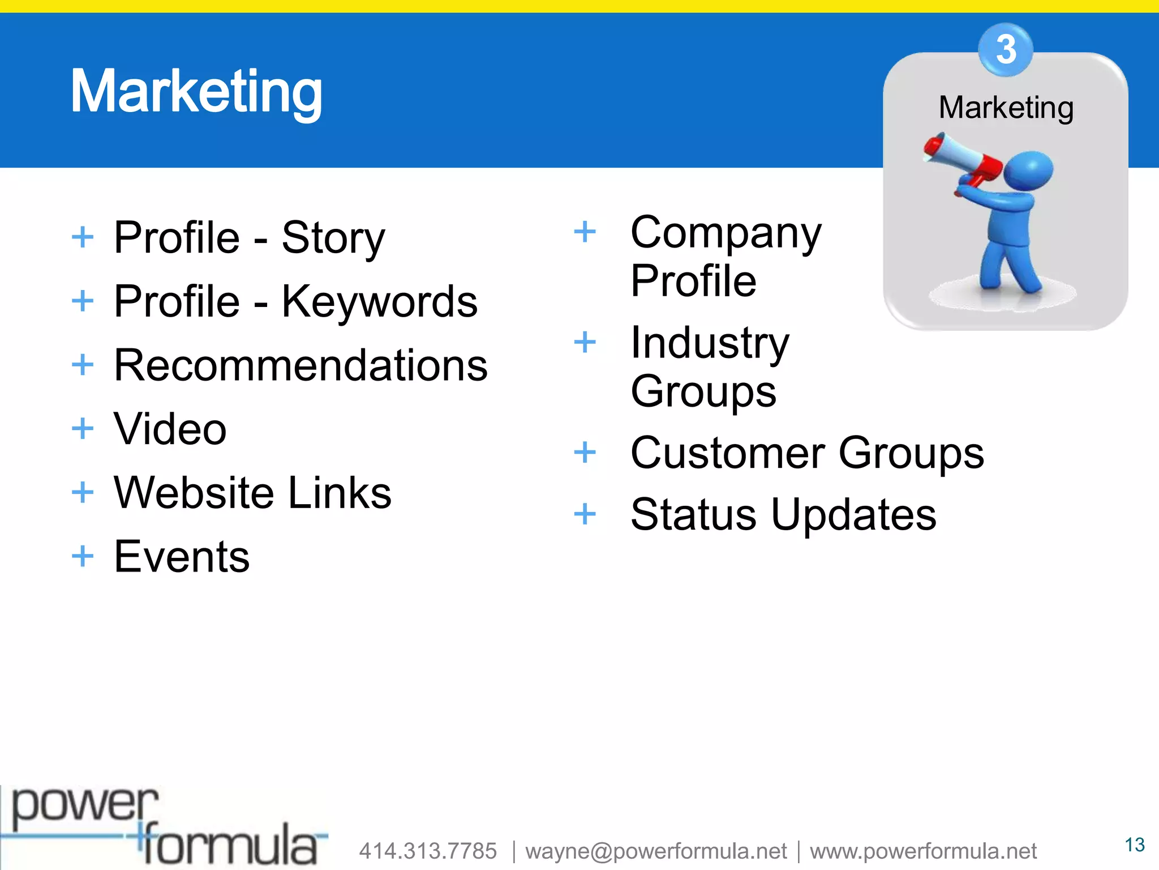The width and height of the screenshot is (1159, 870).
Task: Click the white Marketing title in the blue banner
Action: pyautogui.click(x=196, y=92)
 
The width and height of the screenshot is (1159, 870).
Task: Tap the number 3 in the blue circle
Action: pyautogui.click(x=1006, y=50)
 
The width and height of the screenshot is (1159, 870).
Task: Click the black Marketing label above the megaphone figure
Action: pyautogui.click(x=1006, y=108)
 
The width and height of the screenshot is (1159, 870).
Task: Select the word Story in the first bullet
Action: pyautogui.click(x=333, y=238)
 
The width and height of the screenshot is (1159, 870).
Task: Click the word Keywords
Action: pyautogui.click(x=379, y=301)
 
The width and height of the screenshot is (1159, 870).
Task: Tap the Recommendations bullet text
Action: pyautogui.click(x=301, y=365)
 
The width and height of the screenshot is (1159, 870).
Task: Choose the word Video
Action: pyautogui.click(x=170, y=429)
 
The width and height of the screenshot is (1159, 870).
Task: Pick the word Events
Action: pyautogui.click(x=182, y=556)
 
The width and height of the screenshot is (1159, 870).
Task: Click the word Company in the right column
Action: pyautogui.click(x=726, y=233)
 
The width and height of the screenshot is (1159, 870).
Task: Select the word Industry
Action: pyautogui.click(x=710, y=343)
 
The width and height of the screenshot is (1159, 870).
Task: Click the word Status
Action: pyautogui.click(x=693, y=514)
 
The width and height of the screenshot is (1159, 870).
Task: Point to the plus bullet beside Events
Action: pyautogui.click(x=83, y=556)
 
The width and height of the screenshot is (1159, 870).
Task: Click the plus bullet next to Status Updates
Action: pyautogui.click(x=585, y=514)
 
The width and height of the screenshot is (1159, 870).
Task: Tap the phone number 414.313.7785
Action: pyautogui.click(x=428, y=851)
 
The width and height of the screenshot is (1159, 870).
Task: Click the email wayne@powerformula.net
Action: pyautogui.click(x=656, y=851)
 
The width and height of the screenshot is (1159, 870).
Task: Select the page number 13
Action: pyautogui.click(x=1134, y=845)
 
